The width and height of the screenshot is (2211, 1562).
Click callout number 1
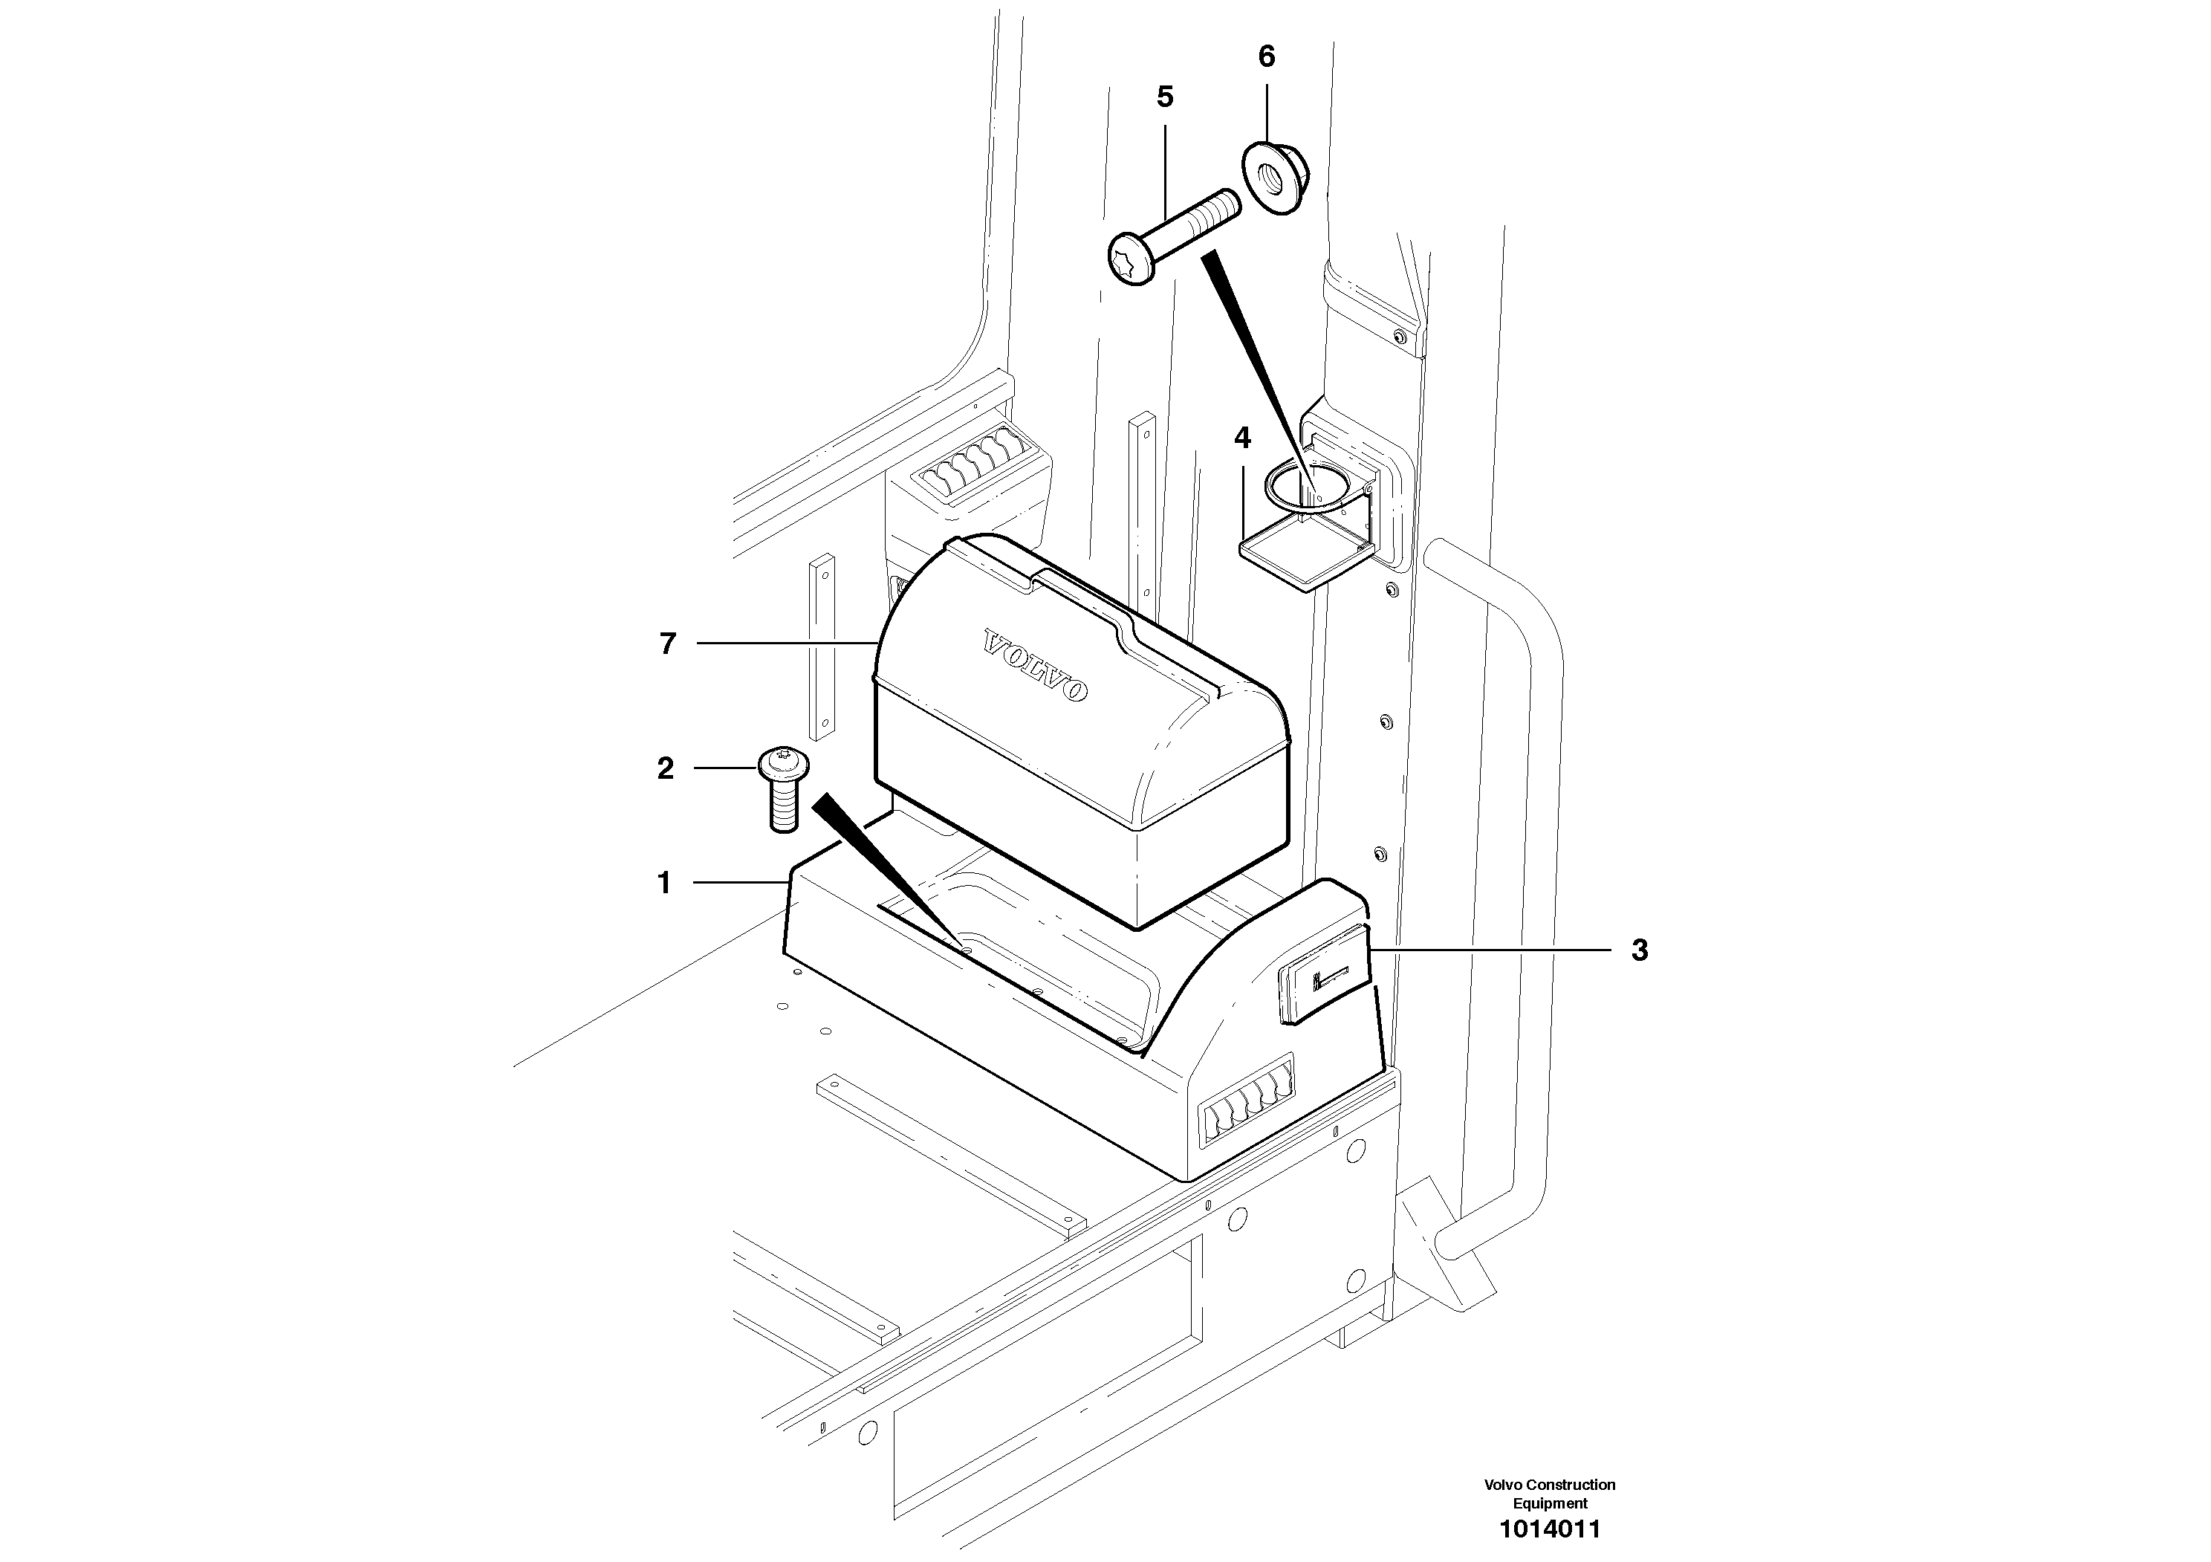(x=663, y=883)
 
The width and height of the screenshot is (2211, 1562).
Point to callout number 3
(x=1640, y=950)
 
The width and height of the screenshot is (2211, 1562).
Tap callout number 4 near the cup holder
(x=1242, y=438)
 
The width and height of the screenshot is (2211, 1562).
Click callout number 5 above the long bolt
(x=1165, y=97)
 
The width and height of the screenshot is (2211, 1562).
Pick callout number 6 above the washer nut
(x=1266, y=56)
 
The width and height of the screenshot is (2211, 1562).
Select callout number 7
(x=667, y=644)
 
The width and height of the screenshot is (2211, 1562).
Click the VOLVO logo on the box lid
(x=1035, y=665)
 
